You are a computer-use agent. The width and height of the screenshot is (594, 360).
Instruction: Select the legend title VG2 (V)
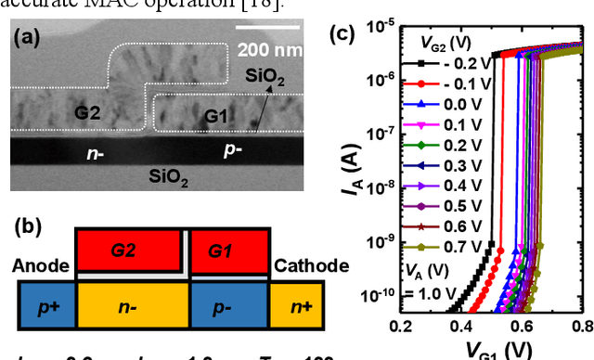coord(456,41)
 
